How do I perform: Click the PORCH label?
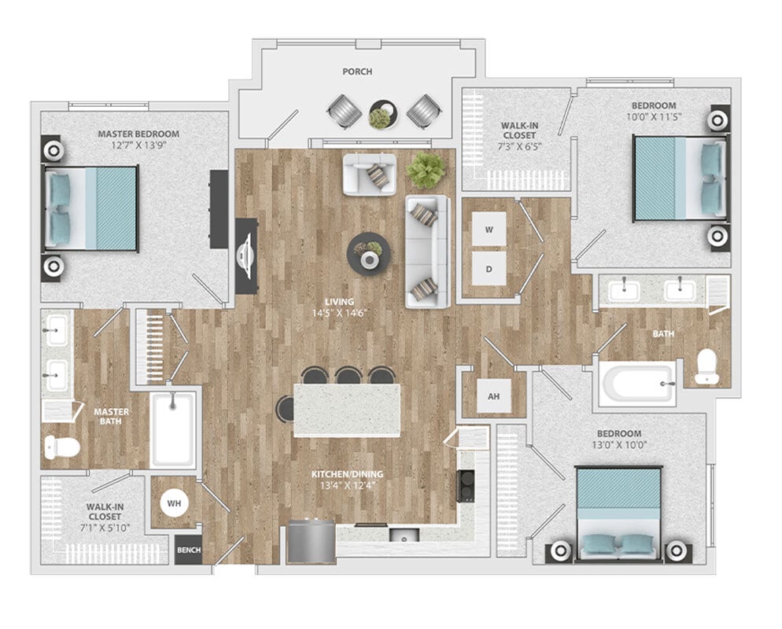357,72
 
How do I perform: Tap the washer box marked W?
489,230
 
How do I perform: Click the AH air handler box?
493,396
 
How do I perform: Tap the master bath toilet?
61,447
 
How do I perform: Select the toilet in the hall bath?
707,366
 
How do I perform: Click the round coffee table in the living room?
368,254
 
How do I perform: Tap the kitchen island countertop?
347,410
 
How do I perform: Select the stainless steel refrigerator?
311,542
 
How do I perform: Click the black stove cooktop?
466,485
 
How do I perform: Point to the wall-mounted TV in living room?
245,256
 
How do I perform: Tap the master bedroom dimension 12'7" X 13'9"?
138,145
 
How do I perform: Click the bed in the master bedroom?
91,208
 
